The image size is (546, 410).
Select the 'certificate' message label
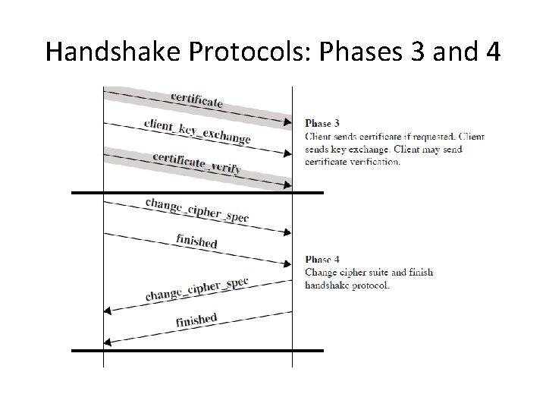[x=197, y=99]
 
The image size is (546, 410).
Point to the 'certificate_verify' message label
[x=196, y=163]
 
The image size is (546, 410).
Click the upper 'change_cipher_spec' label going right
[x=196, y=209]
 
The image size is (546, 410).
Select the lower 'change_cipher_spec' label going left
[x=196, y=289]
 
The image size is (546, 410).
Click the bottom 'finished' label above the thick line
[x=196, y=320]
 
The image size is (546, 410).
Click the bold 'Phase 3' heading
[x=322, y=122]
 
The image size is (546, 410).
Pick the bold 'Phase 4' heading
[x=322, y=260]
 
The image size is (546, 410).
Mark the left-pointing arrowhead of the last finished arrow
[x=108, y=342]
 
